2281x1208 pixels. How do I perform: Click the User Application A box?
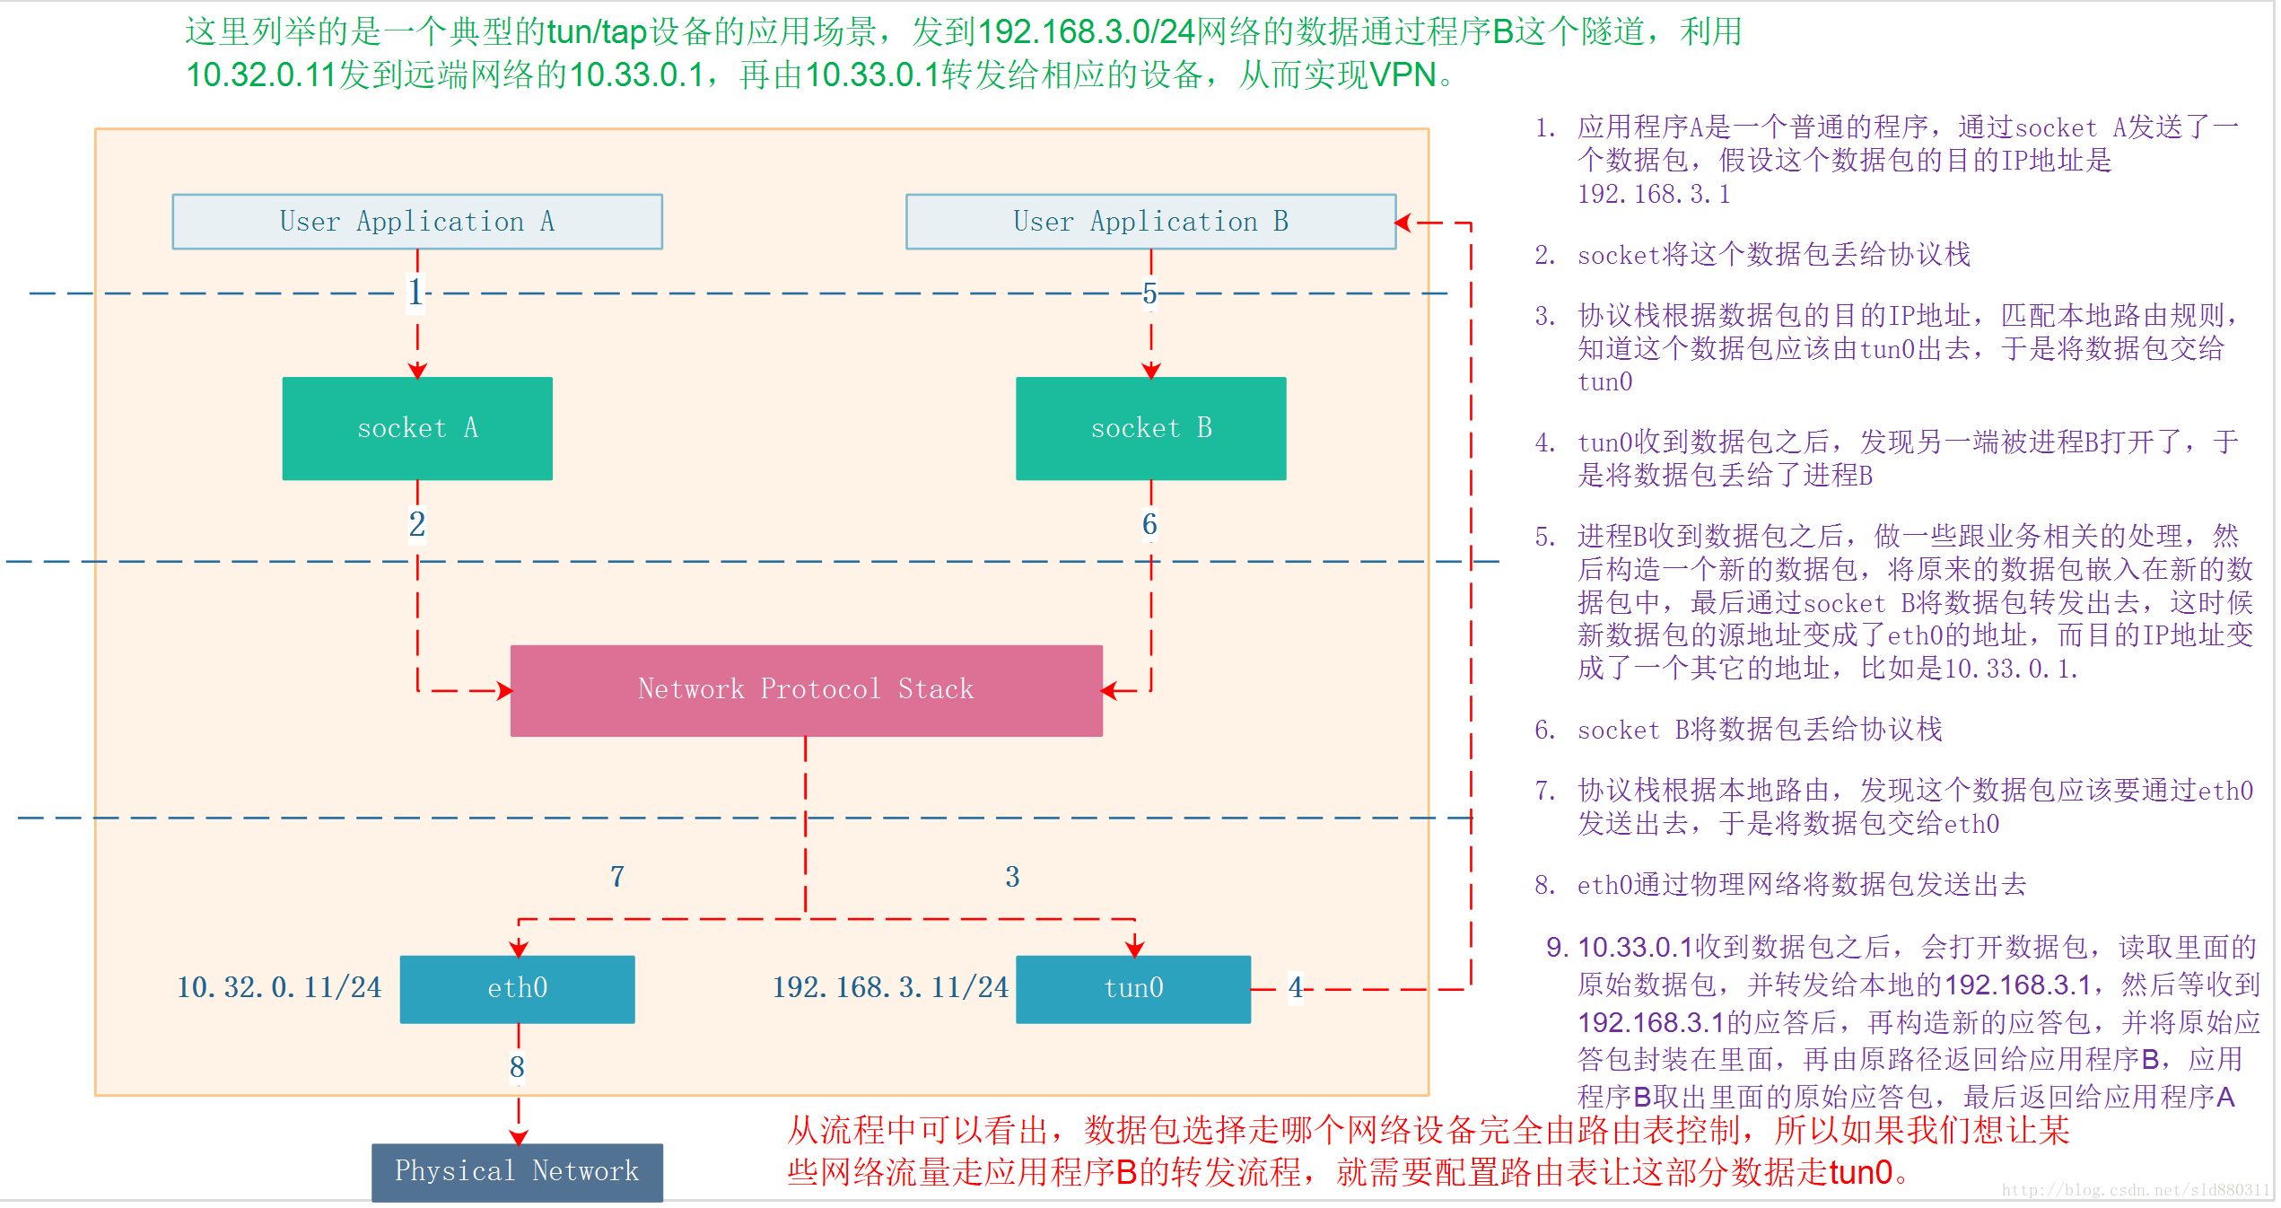(417, 222)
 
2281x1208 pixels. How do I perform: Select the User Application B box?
(1150, 222)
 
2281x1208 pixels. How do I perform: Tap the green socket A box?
(417, 428)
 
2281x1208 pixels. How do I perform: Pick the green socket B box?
(1150, 428)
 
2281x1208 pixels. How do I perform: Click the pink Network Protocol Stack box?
(806, 690)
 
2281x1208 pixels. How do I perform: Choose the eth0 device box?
(517, 988)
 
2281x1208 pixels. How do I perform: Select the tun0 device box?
(1132, 988)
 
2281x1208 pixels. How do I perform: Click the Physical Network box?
(517, 1171)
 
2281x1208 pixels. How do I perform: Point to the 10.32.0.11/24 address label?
(279, 988)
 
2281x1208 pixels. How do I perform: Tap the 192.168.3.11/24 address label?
(890, 988)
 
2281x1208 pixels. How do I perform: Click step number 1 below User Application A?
(415, 293)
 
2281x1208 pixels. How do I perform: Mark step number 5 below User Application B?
(1149, 293)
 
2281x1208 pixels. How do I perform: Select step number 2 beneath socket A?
(417, 524)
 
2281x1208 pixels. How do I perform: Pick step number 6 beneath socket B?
(1149, 524)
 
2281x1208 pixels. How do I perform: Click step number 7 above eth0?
(617, 877)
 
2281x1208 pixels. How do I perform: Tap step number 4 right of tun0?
(1296, 988)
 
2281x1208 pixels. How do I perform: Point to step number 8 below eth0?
(517, 1067)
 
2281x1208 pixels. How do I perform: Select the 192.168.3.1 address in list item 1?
(1653, 195)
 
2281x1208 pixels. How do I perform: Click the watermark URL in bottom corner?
(2135, 1190)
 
